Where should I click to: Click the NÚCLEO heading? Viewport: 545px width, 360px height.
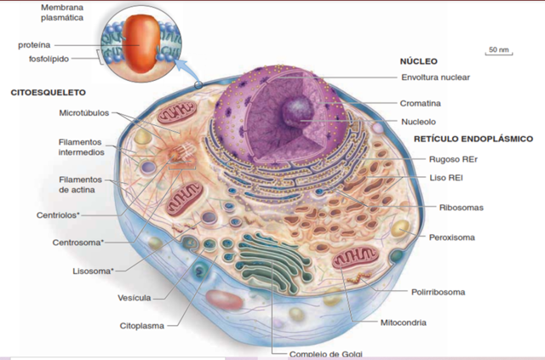click(418, 61)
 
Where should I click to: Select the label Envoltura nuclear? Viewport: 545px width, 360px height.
click(435, 77)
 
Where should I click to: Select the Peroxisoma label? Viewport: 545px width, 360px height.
click(451, 237)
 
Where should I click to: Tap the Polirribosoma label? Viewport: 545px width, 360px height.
click(439, 292)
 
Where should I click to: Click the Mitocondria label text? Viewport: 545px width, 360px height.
click(403, 323)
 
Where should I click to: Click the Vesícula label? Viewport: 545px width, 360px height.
click(134, 298)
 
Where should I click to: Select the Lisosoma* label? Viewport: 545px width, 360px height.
click(92, 271)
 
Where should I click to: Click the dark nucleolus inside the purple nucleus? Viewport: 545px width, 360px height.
click(299, 109)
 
